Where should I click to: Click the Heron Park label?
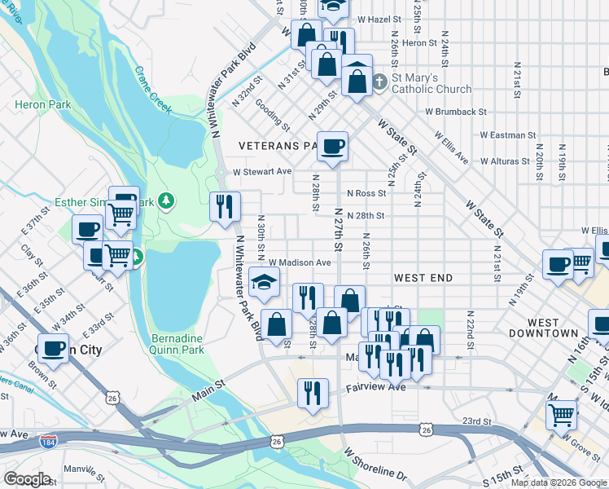pyautogui.click(x=42, y=104)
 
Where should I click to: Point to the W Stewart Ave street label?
pyautogui.click(x=261, y=172)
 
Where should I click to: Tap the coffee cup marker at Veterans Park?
pyautogui.click(x=332, y=147)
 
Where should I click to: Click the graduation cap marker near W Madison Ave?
pyautogui.click(x=264, y=282)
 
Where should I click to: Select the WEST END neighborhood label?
pyautogui.click(x=423, y=278)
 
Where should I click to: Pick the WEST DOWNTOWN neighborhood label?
pyautogui.click(x=543, y=328)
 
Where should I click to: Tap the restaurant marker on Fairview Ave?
pyautogui.click(x=313, y=394)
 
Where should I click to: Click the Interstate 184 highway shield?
pyautogui.click(x=48, y=443)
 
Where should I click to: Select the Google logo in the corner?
pyautogui.click(x=27, y=479)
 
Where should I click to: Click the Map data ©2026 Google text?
pyautogui.click(x=559, y=482)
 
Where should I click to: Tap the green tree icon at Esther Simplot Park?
pyautogui.click(x=166, y=200)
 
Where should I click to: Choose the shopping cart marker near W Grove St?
pyautogui.click(x=561, y=414)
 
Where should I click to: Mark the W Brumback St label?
pyautogui.click(x=455, y=112)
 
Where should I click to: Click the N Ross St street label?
pyautogui.click(x=366, y=194)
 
